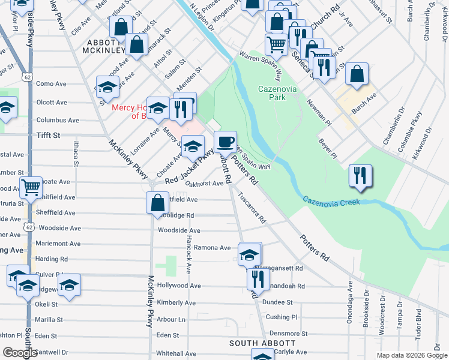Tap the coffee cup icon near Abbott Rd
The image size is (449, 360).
pyautogui.click(x=225, y=142)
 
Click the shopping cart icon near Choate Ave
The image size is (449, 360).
pyautogui.click(x=31, y=188)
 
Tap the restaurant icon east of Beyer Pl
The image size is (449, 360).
pyautogui.click(x=360, y=175)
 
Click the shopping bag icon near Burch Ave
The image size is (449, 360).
pyautogui.click(x=357, y=74)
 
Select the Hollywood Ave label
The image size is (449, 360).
pyautogui.click(x=179, y=286)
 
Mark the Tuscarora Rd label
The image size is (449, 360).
pyautogui.click(x=252, y=208)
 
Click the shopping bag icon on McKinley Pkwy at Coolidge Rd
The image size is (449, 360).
pyautogui.click(x=157, y=203)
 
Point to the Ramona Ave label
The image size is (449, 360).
pyautogui.click(x=212, y=248)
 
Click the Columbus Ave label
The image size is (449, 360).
pyautogui.click(x=58, y=120)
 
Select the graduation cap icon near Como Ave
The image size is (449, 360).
pyautogui.click(x=108, y=87)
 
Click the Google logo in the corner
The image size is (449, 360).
pyautogui.click(x=20, y=353)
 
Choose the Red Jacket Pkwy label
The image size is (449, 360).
pyautogui.click(x=189, y=167)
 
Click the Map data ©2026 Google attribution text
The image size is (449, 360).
pyautogui.click(x=411, y=355)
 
